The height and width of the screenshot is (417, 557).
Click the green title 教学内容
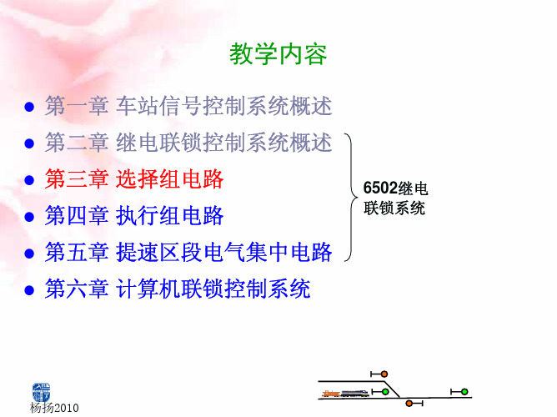coord(278,54)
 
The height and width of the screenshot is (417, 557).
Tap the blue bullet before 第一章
coord(29,107)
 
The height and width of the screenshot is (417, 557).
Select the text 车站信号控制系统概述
coord(223,106)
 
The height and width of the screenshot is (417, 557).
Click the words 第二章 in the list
coord(77,143)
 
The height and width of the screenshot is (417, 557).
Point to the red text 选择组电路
coord(170,178)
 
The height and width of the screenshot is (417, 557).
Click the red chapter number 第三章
coord(77,178)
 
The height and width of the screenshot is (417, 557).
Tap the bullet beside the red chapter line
coord(29,180)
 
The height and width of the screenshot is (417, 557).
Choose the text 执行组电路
coord(170,215)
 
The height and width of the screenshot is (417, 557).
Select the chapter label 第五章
coord(77,252)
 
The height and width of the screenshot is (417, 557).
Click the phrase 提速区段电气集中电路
coord(223,252)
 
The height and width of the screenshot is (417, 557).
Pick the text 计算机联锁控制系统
coord(213,289)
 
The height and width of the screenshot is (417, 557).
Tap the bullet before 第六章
coord(29,290)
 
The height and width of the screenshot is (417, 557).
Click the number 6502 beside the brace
coord(380,188)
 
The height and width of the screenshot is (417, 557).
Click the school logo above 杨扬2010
coord(41,392)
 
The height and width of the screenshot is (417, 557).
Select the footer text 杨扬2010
coord(54,408)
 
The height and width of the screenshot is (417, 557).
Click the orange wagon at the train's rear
coord(331,393)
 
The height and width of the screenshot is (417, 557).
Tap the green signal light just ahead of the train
coord(385,392)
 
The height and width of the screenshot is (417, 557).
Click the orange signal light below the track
coord(409,404)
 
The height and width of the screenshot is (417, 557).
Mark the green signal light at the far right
coord(464,392)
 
